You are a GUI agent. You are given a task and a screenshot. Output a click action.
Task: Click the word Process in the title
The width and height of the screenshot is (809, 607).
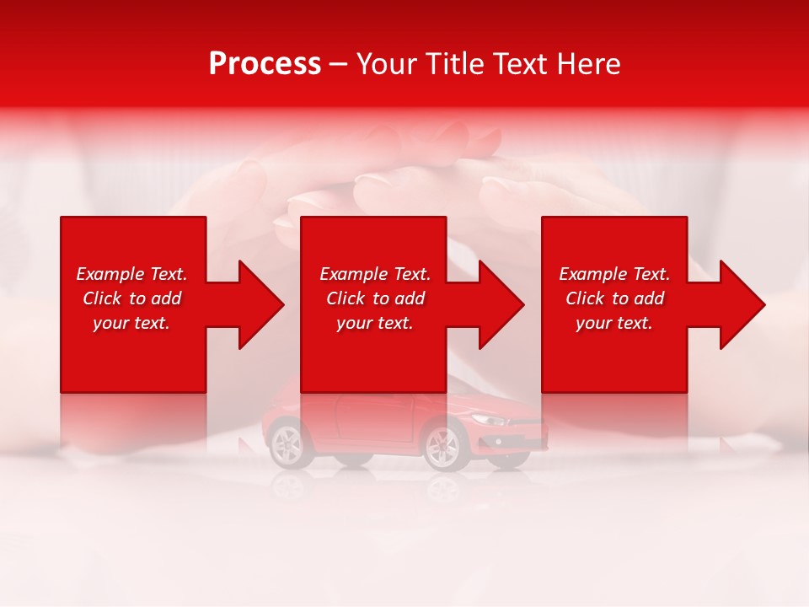pos(265,64)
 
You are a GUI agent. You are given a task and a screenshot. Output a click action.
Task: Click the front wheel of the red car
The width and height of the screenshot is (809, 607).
pos(442,444)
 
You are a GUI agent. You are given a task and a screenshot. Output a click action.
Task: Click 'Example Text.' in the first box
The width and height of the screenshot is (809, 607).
pos(131,274)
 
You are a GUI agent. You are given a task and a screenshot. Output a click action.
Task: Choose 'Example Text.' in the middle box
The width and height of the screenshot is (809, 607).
pos(375,274)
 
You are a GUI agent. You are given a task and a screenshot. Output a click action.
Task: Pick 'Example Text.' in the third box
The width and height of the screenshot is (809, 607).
pos(614,274)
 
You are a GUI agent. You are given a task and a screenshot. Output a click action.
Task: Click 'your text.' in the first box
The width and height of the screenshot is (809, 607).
pos(131,323)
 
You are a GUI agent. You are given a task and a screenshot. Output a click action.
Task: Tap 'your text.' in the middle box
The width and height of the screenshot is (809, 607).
pos(375,323)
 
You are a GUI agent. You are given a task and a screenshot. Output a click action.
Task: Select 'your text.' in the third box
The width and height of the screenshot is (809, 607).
pos(614,323)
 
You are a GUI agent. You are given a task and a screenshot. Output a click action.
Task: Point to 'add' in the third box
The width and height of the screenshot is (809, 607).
pos(648,298)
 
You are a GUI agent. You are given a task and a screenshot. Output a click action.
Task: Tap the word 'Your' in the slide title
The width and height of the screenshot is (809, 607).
pos(386,64)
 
